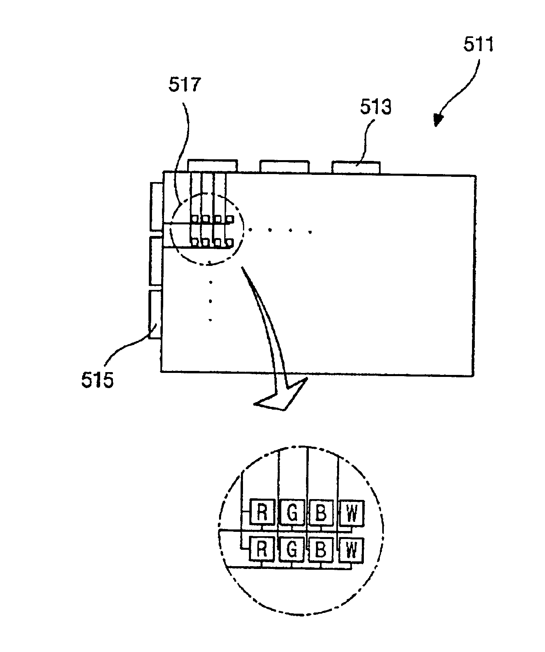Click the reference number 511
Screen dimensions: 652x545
[478, 45]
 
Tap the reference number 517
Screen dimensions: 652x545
[185, 85]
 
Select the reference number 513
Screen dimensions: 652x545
[376, 107]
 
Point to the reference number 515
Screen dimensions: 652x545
[97, 380]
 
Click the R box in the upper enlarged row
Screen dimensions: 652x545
[262, 512]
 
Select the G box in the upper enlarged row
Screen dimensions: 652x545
[292, 512]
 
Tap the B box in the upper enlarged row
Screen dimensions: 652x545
[321, 512]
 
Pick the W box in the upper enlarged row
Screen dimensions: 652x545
[351, 513]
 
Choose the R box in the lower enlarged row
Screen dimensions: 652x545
[262, 549]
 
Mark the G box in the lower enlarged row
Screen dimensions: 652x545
[292, 549]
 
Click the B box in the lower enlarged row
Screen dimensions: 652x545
[321, 549]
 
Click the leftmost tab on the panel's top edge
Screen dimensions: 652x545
[212, 166]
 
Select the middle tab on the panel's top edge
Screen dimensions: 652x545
[284, 166]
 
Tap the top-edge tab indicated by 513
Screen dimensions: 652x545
[356, 168]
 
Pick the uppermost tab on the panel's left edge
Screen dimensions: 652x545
[156, 206]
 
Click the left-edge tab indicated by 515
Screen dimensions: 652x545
[155, 314]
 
